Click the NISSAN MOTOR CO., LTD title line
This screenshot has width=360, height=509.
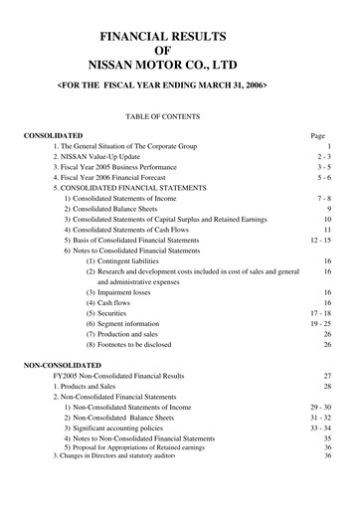point(179,69)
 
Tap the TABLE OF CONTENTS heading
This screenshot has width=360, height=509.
point(179,115)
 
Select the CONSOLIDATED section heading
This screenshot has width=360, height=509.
point(54,133)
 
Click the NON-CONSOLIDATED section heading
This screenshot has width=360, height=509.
point(64,365)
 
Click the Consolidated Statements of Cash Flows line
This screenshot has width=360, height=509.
point(133,230)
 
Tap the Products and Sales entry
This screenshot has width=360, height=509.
point(89,386)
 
